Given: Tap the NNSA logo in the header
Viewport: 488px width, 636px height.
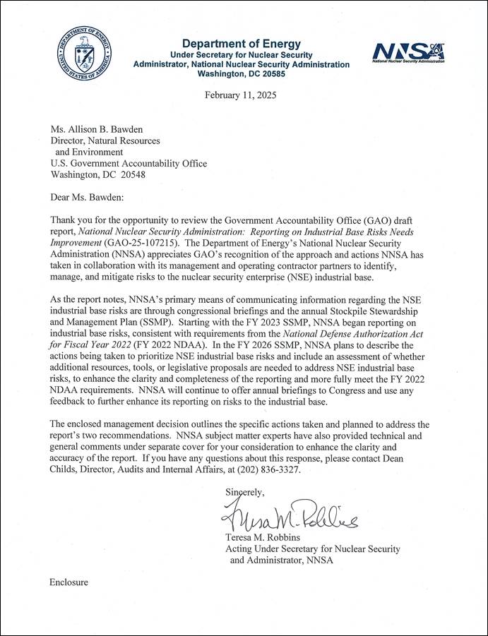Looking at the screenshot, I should point(407,51).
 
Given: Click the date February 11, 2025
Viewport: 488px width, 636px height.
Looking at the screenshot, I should point(241,95).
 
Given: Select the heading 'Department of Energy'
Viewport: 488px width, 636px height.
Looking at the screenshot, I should point(241,44).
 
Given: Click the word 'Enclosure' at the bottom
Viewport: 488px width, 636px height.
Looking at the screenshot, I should point(69,582).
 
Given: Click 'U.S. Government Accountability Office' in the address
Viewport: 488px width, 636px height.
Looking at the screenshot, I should point(129,163).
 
